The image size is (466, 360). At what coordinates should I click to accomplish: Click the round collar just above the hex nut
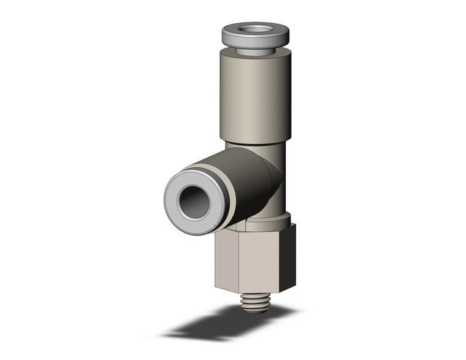276,219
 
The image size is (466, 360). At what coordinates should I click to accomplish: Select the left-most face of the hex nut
222,258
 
